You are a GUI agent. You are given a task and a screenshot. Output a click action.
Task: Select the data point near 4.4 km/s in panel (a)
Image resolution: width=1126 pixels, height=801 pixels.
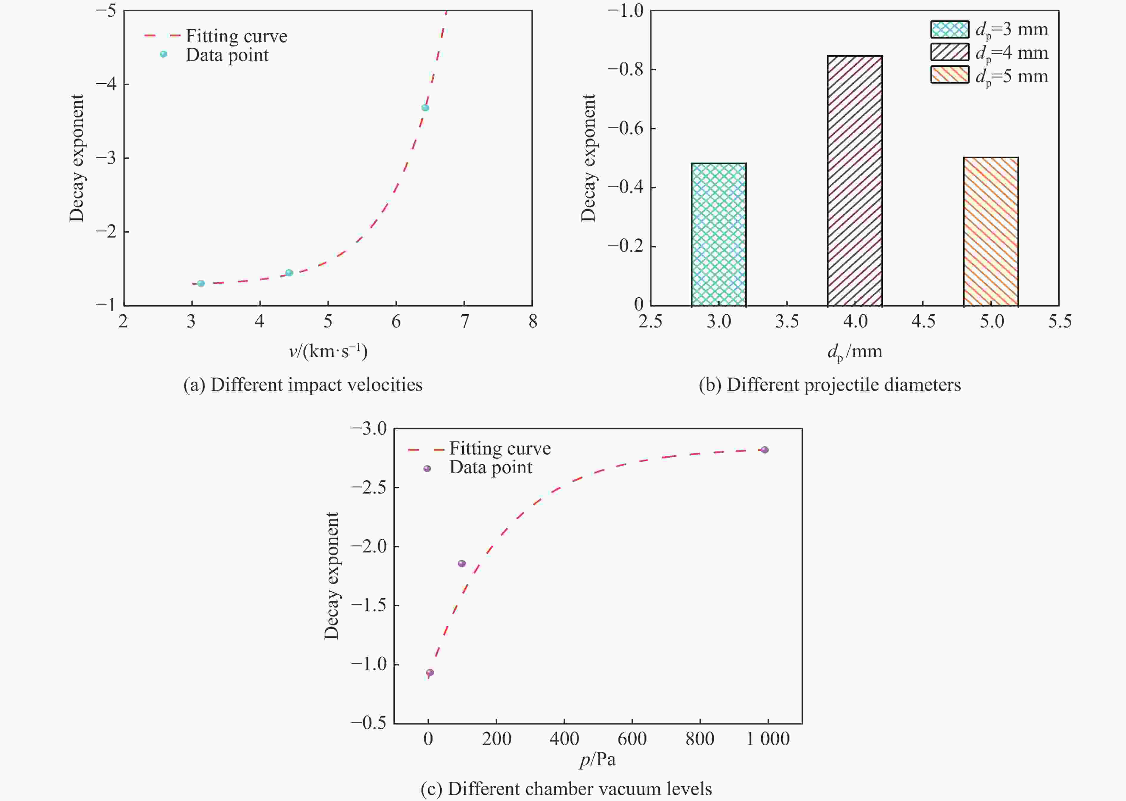[289, 273]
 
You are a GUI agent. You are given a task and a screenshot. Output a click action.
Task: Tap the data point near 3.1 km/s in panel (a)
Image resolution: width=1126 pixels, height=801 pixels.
[201, 283]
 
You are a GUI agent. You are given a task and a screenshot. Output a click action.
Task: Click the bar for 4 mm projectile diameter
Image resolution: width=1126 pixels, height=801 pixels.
[855, 181]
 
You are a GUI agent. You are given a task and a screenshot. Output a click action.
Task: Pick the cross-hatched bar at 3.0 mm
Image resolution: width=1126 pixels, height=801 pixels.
[719, 235]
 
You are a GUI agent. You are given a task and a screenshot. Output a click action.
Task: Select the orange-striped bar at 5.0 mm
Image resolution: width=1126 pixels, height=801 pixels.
[991, 232]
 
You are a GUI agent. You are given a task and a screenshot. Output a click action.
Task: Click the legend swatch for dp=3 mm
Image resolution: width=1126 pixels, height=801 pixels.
[950, 29]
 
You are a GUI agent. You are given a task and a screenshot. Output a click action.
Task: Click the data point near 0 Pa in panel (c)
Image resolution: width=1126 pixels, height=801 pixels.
[430, 672]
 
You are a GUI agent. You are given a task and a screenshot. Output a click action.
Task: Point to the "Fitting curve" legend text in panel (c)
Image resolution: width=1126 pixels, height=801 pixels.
[500, 448]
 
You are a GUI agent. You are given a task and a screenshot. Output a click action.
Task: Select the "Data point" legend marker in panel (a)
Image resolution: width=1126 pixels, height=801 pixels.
[164, 54]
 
